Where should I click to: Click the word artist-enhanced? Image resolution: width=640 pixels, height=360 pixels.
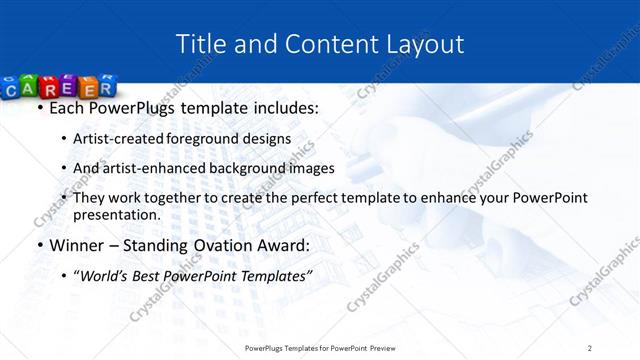[146, 168]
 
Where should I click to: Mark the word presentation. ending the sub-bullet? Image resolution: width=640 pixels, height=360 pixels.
[117, 215]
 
